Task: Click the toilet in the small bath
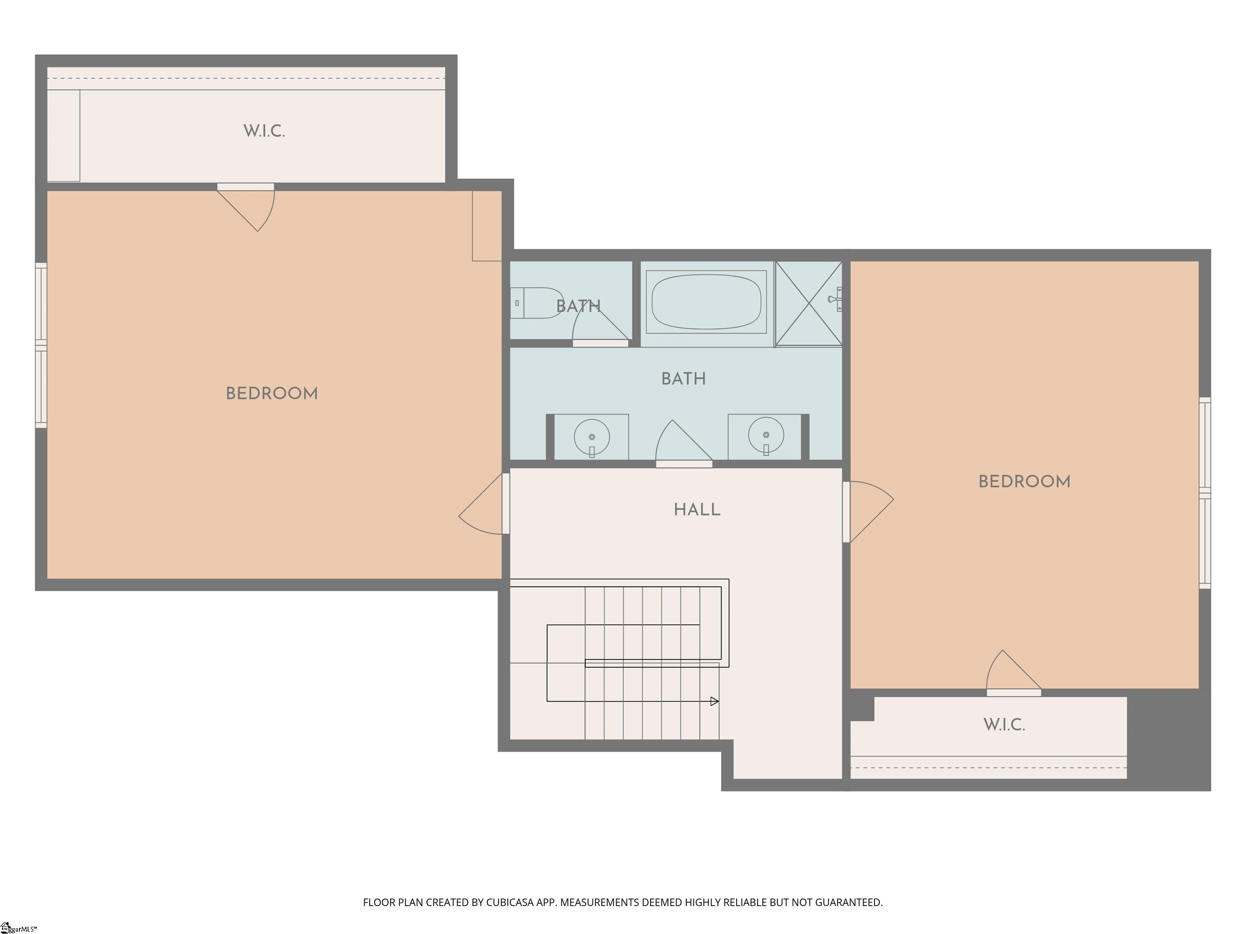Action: click(x=538, y=303)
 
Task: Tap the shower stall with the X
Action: click(x=808, y=304)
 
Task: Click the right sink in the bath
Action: click(x=765, y=435)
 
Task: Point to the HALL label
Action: click(x=697, y=510)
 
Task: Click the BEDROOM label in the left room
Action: click(x=271, y=394)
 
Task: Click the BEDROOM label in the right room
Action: click(x=1024, y=482)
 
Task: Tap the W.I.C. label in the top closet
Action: click(x=264, y=131)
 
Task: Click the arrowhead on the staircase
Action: click(x=714, y=701)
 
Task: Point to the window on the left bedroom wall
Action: click(x=41, y=345)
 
